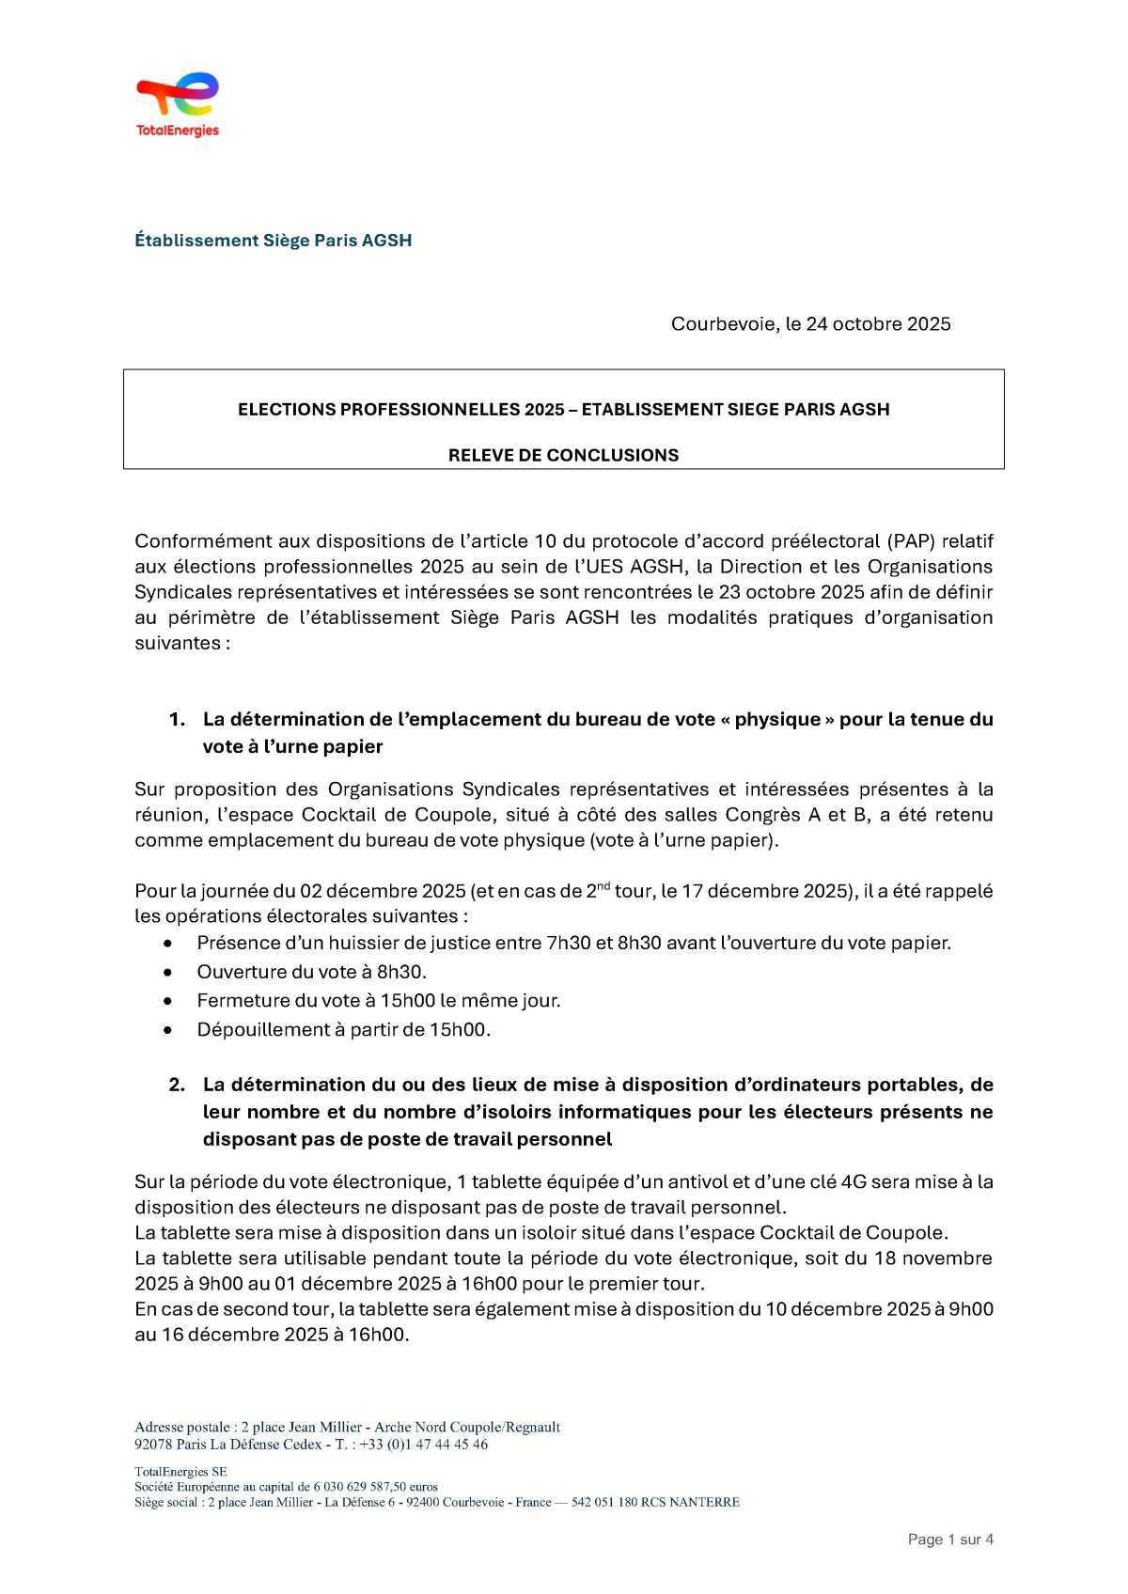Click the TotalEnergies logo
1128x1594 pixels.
pyautogui.click(x=178, y=104)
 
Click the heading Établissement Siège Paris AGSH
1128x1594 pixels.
pyautogui.click(x=273, y=241)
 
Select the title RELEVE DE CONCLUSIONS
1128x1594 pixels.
pyautogui.click(x=563, y=456)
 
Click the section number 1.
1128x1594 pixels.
pyautogui.click(x=177, y=720)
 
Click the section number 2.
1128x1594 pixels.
pyautogui.click(x=177, y=1085)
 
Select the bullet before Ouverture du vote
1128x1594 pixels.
pyautogui.click(x=168, y=972)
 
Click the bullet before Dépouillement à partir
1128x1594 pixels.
pyautogui.click(x=168, y=1030)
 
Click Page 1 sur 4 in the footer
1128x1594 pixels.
pyautogui.click(x=950, y=1539)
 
